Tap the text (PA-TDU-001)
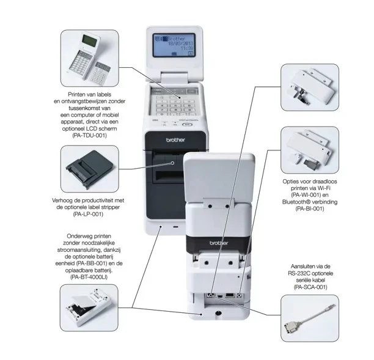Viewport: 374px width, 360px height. click(x=89, y=135)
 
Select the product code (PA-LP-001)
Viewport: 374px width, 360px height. click(x=89, y=215)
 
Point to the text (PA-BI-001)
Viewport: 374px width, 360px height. click(x=310, y=209)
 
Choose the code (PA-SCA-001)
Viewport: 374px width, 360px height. click(x=310, y=287)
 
